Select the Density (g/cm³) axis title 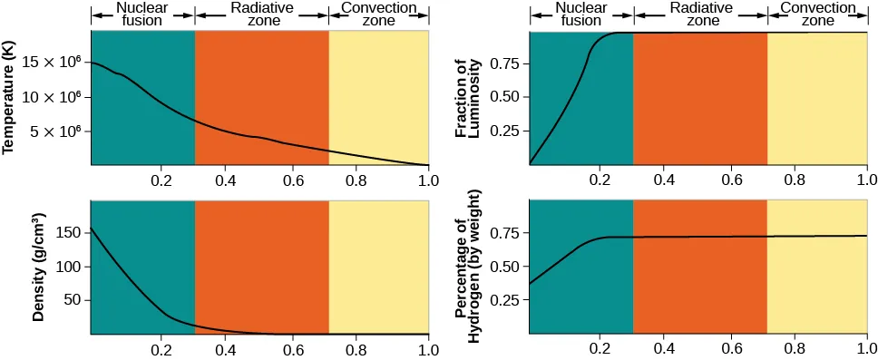(x=39, y=268)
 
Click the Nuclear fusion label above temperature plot (x=142, y=14)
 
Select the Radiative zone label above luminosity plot (x=700, y=14)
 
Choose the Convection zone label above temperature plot (x=378, y=14)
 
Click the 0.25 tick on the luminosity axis (x=506, y=131)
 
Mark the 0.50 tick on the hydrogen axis (x=506, y=267)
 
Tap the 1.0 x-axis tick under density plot (x=428, y=348)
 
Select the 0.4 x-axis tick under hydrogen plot (x=665, y=348)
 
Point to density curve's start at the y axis (x=92, y=229)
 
